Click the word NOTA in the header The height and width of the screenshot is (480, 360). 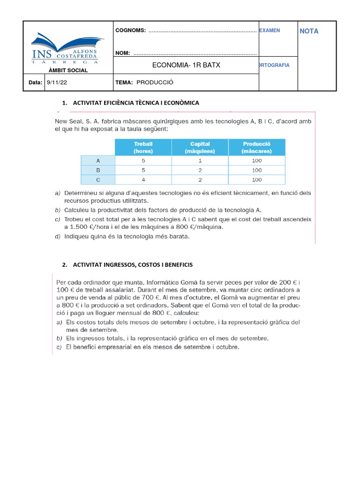click(309, 31)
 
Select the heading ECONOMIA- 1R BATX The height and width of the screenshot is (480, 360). click(186, 65)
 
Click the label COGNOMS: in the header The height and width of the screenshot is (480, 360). click(131, 31)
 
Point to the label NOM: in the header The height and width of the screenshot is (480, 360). click(123, 53)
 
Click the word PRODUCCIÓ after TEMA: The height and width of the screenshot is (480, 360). click(155, 82)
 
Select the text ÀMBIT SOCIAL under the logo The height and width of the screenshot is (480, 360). click(68, 70)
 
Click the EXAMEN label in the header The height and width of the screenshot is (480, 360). click(270, 30)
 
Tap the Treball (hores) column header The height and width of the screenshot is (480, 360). click(143, 147)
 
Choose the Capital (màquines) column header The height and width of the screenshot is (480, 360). click(200, 147)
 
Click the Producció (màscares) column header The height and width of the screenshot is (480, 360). click(256, 147)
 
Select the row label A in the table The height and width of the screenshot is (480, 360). click(98, 160)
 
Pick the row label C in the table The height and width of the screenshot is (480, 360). click(98, 180)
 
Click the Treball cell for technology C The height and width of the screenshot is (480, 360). click(143, 180)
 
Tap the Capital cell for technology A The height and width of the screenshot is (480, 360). click(200, 160)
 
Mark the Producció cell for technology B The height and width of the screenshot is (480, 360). click(256, 170)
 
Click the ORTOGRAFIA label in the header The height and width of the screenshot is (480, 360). click(274, 65)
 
